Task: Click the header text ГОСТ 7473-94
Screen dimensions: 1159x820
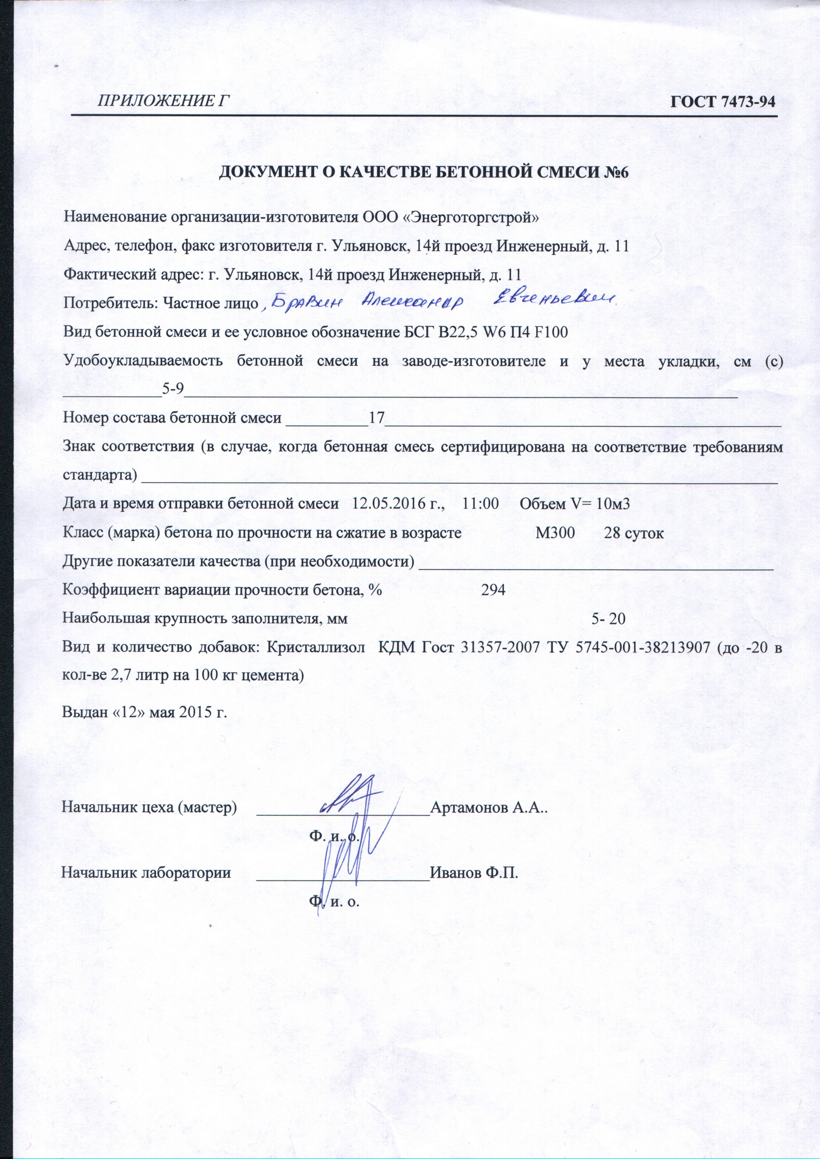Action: coord(722,102)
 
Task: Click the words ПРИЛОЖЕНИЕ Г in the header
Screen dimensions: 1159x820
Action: coord(159,102)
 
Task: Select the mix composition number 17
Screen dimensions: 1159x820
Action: coord(377,418)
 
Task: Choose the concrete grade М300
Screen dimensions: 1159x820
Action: coord(555,533)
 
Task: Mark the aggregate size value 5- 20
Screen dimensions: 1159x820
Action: coord(608,618)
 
